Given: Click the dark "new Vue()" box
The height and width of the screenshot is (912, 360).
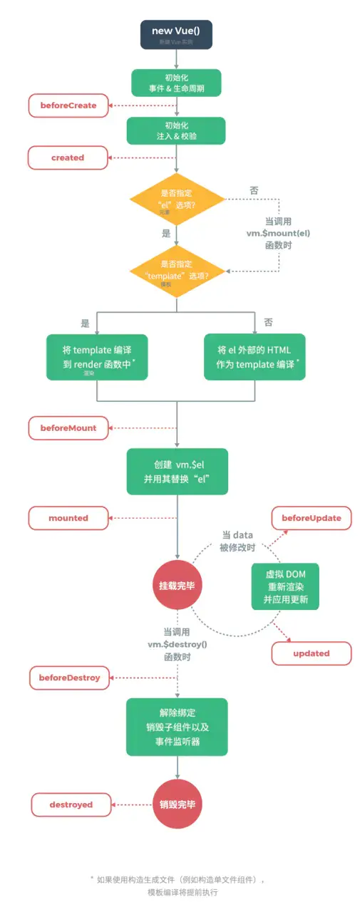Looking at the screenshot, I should [176, 35].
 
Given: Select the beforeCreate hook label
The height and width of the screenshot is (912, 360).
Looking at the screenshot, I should [68, 105].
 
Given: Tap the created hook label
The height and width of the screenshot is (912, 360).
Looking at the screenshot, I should [68, 157].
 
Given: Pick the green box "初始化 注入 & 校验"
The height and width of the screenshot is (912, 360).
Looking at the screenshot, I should [176, 130].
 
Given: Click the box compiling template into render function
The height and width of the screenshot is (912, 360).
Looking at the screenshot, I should [97, 357].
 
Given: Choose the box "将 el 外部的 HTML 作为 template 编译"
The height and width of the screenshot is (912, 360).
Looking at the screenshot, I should [254, 357].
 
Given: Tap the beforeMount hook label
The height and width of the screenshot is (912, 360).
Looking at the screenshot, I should [68, 427].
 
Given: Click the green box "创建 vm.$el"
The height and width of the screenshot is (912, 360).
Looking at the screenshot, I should [177, 471].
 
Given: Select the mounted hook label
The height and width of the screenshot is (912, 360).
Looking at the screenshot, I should [68, 518].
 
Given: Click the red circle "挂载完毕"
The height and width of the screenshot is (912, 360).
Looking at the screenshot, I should [177, 586].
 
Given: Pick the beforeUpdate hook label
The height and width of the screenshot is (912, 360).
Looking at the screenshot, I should [312, 517].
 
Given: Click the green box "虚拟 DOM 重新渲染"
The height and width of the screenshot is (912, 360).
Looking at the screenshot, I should [285, 586].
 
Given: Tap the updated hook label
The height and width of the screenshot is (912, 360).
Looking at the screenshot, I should [312, 653].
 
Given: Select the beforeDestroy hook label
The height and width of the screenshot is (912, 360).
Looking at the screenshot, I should [69, 677].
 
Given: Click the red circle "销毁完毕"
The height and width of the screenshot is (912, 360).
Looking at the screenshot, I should [177, 804].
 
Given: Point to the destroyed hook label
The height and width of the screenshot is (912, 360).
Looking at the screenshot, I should [71, 804].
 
